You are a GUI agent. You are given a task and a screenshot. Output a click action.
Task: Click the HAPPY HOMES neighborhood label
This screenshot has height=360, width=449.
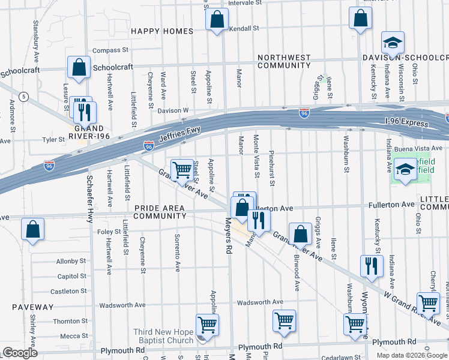162,31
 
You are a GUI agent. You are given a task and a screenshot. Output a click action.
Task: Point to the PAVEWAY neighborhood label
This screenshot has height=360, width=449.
32,307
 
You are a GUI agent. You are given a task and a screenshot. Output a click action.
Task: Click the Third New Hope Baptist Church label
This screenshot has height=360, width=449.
163,337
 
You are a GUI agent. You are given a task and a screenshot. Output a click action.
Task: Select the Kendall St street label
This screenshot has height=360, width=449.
244,28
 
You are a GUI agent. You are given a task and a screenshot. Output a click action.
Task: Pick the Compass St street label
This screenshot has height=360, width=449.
110,50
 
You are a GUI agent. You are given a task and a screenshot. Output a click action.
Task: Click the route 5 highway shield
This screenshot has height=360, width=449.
23,96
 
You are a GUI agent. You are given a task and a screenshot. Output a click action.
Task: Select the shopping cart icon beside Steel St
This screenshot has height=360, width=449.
182,169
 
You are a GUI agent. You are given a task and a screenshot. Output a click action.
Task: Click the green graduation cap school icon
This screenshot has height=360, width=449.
406,170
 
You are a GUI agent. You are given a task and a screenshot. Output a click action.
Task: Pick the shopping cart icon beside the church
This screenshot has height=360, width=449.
207,325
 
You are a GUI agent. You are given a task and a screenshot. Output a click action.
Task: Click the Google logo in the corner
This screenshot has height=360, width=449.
20,353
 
